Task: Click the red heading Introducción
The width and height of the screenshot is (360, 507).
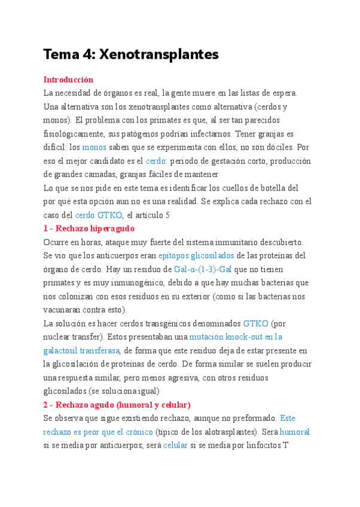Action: pos(68,79)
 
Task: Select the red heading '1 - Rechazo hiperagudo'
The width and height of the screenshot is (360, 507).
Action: pos(89,228)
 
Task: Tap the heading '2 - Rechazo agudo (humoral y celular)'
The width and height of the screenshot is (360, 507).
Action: pos(117,404)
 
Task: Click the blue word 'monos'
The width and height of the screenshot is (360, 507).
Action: pos(94,147)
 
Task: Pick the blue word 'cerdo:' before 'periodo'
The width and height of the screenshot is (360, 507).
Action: pos(157,161)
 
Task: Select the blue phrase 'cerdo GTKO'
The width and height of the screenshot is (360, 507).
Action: pos(99,215)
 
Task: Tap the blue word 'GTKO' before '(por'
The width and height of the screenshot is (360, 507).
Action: pos(255,323)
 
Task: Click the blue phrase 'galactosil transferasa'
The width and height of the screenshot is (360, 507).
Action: pos(81,350)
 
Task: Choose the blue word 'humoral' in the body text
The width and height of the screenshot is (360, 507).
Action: pos(295,432)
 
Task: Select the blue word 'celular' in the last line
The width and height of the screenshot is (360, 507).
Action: pos(175,445)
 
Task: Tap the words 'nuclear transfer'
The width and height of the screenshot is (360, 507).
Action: pos(71,337)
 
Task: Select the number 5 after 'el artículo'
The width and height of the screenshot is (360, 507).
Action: pos(168,215)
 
